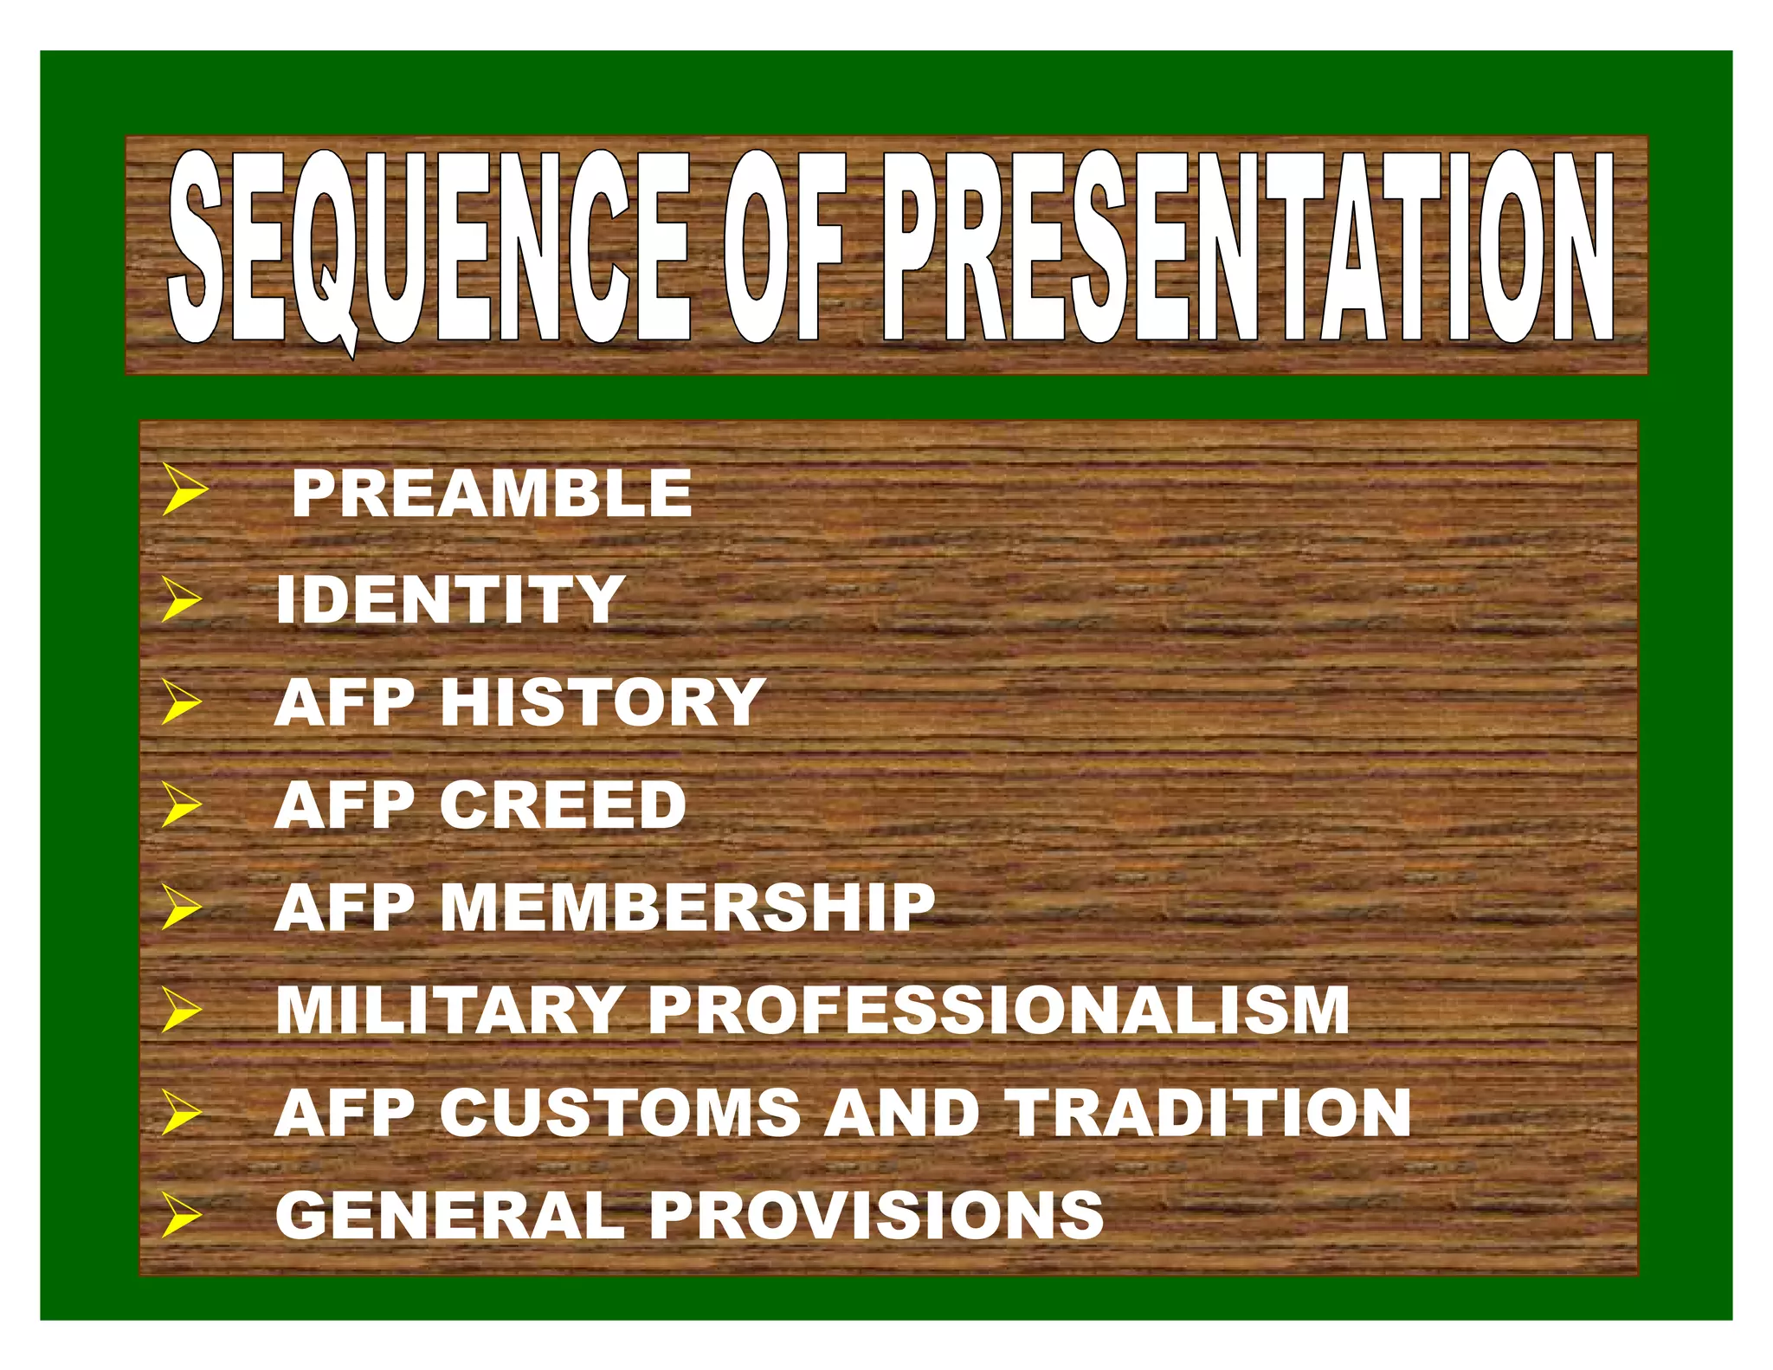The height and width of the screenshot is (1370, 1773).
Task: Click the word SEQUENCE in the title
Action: click(x=429, y=249)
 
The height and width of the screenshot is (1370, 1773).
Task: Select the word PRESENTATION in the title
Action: click(x=1247, y=249)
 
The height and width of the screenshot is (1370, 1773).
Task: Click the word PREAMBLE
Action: click(x=492, y=494)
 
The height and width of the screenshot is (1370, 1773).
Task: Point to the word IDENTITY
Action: click(x=449, y=599)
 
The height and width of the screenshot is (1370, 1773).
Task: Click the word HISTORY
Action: click(x=603, y=702)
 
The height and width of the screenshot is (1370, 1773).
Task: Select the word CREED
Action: click(x=563, y=805)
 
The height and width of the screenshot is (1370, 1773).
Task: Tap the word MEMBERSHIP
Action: click(x=688, y=908)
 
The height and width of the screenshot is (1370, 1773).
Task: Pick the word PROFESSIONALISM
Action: click(x=999, y=1011)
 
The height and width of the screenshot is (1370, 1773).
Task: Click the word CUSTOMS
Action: click(x=620, y=1113)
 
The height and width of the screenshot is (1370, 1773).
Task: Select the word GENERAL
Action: click(x=449, y=1215)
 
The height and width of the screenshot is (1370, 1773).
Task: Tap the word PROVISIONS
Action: click(x=876, y=1215)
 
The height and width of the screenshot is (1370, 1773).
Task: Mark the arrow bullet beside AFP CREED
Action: click(x=181, y=805)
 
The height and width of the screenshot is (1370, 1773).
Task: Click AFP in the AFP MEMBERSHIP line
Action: click(x=345, y=908)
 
